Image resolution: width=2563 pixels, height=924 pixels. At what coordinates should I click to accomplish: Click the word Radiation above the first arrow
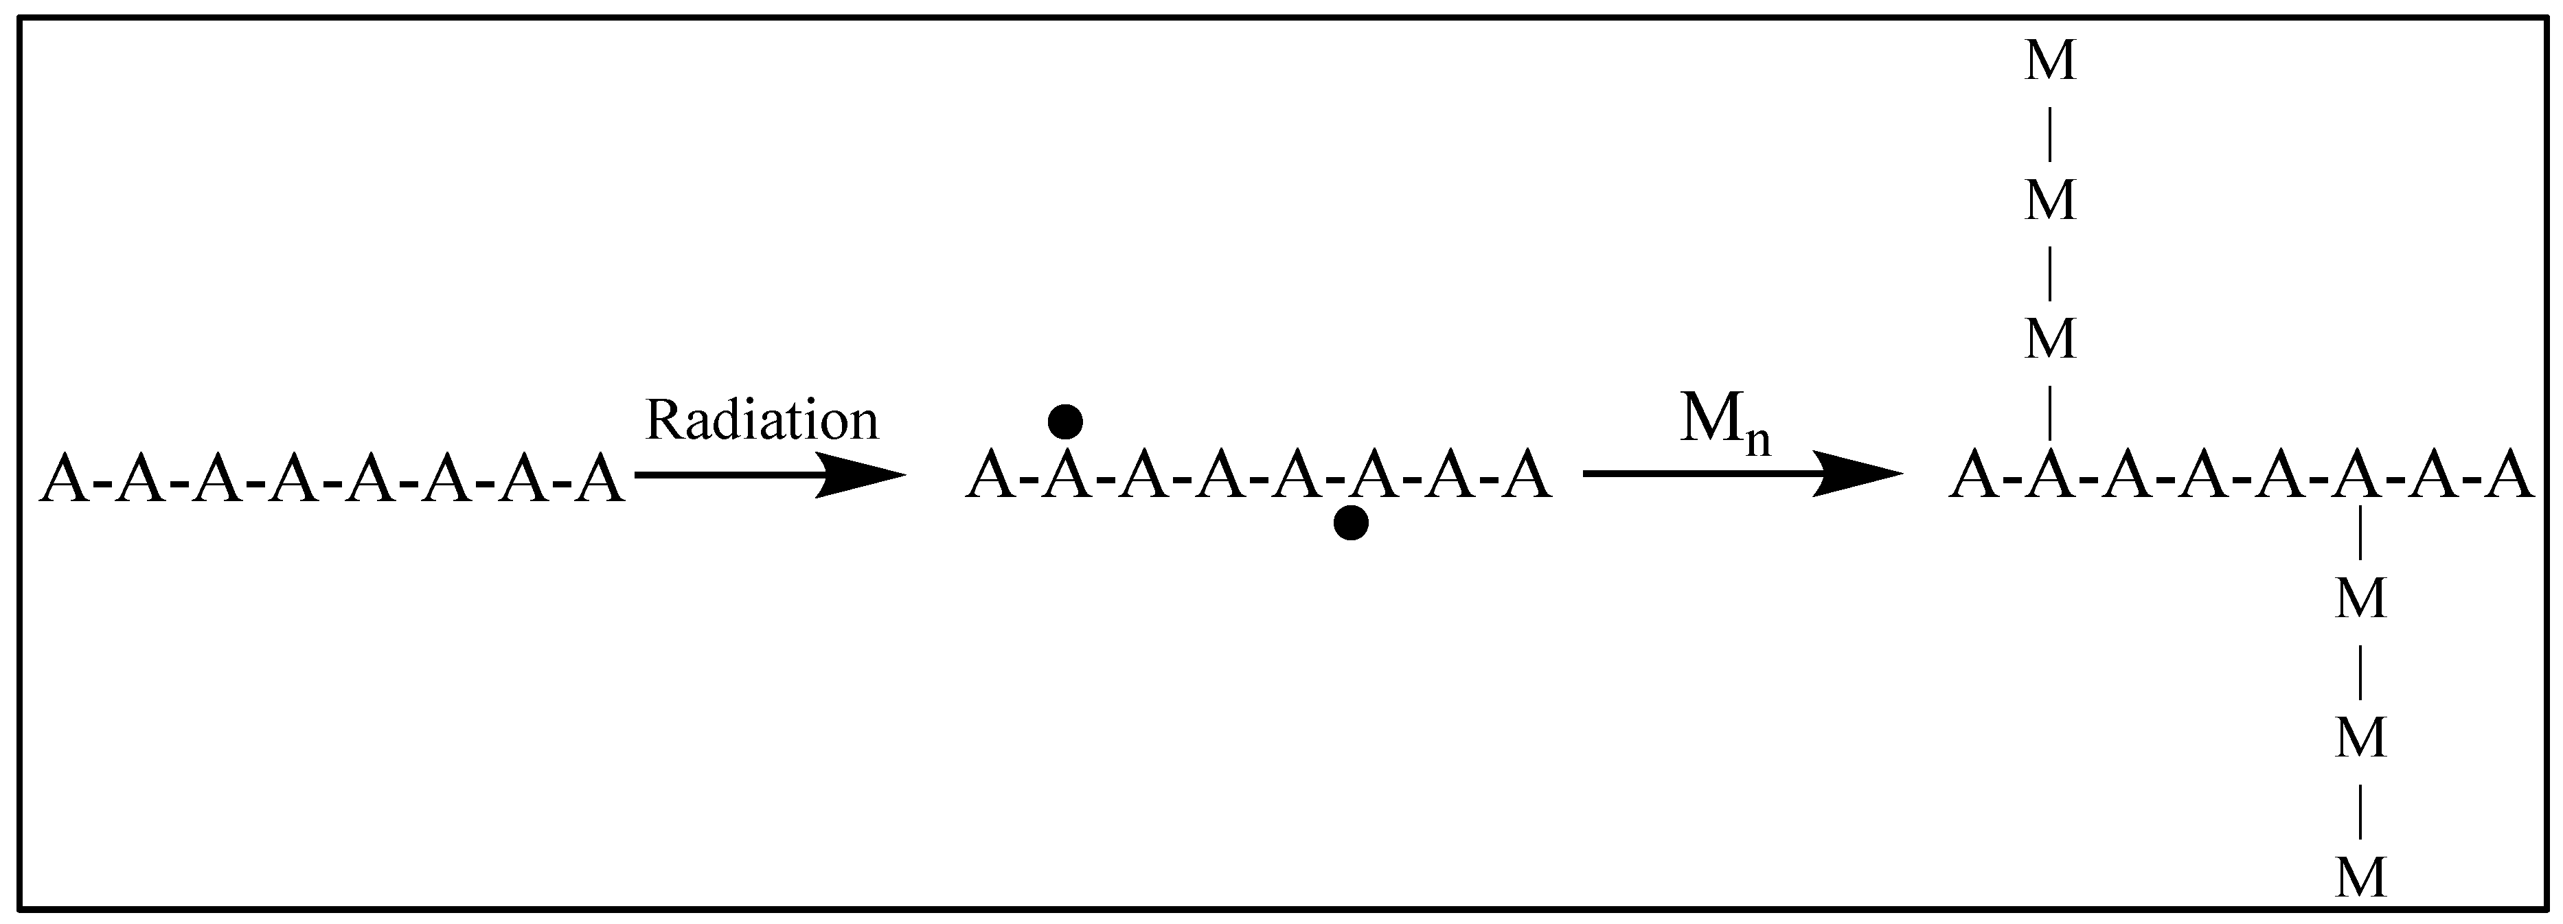762,421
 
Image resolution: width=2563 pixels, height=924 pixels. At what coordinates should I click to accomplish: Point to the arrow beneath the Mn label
1741,474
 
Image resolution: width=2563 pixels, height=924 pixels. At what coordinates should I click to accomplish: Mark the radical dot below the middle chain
1350,522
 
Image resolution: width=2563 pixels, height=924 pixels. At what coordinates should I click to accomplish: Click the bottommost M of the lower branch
2361,878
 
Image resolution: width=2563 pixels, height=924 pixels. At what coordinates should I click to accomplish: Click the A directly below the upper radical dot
1066,476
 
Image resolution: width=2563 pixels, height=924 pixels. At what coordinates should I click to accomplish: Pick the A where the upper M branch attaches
2051,477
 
